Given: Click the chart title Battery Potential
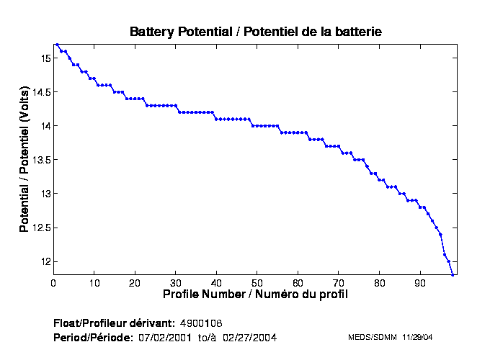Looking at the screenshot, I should (255, 32).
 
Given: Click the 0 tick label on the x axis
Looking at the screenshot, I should (53, 283).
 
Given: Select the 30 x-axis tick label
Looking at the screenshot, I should (176, 283).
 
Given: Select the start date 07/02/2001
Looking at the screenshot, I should (165, 337).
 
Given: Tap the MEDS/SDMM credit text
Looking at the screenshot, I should (370, 337).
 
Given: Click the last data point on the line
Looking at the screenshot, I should (453, 275).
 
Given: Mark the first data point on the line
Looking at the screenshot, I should (57, 45).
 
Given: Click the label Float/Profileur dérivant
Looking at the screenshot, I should (114, 322).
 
